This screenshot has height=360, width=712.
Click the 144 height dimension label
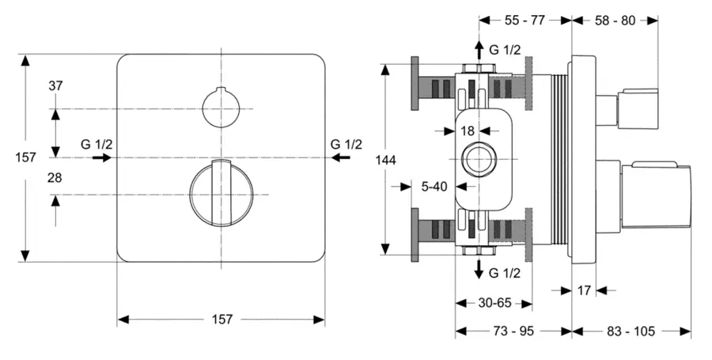pos(385,160)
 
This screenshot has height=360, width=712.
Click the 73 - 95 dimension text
pos(513,331)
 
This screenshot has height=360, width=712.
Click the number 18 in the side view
pos(467,130)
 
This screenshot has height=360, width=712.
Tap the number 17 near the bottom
pos(584,290)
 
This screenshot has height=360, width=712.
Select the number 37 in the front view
pos(55,86)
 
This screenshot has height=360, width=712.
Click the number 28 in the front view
pos(55,179)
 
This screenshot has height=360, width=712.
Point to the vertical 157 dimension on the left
pos(26,157)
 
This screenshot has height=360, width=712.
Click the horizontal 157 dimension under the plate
pos(222,319)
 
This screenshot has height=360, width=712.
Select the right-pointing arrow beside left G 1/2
pos(100,157)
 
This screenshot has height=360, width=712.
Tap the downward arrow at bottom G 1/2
pos(479,269)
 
